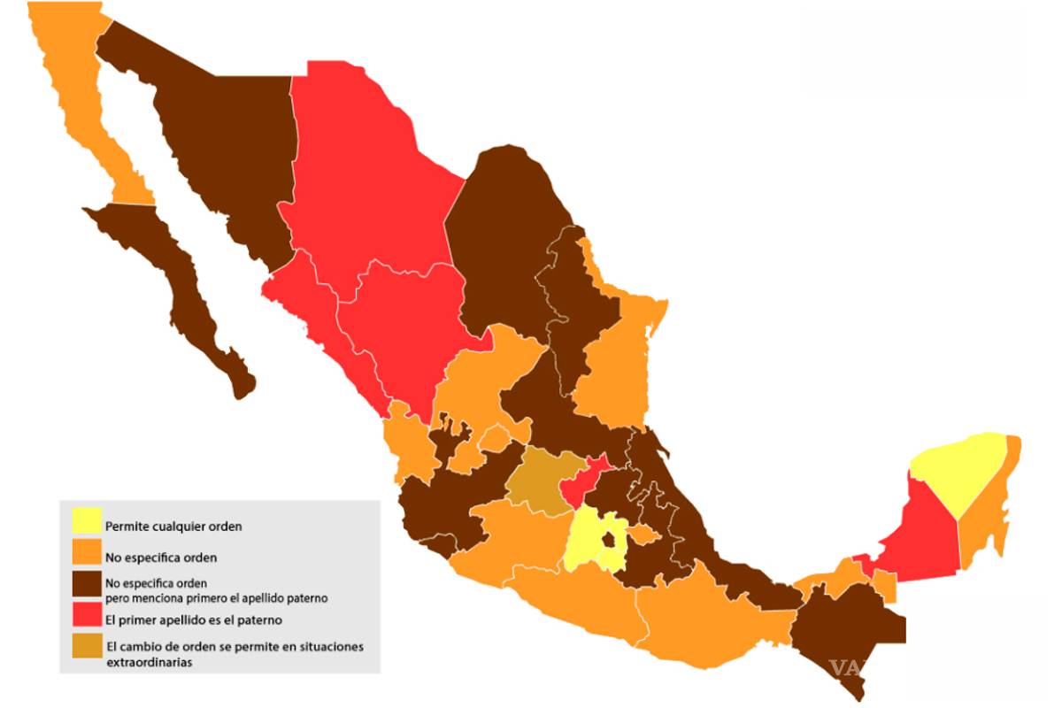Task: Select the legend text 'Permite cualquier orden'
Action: pyautogui.click(x=173, y=526)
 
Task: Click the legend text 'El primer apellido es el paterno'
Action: pyautogui.click(x=193, y=619)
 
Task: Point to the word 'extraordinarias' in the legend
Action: pyautogui.click(x=148, y=661)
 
